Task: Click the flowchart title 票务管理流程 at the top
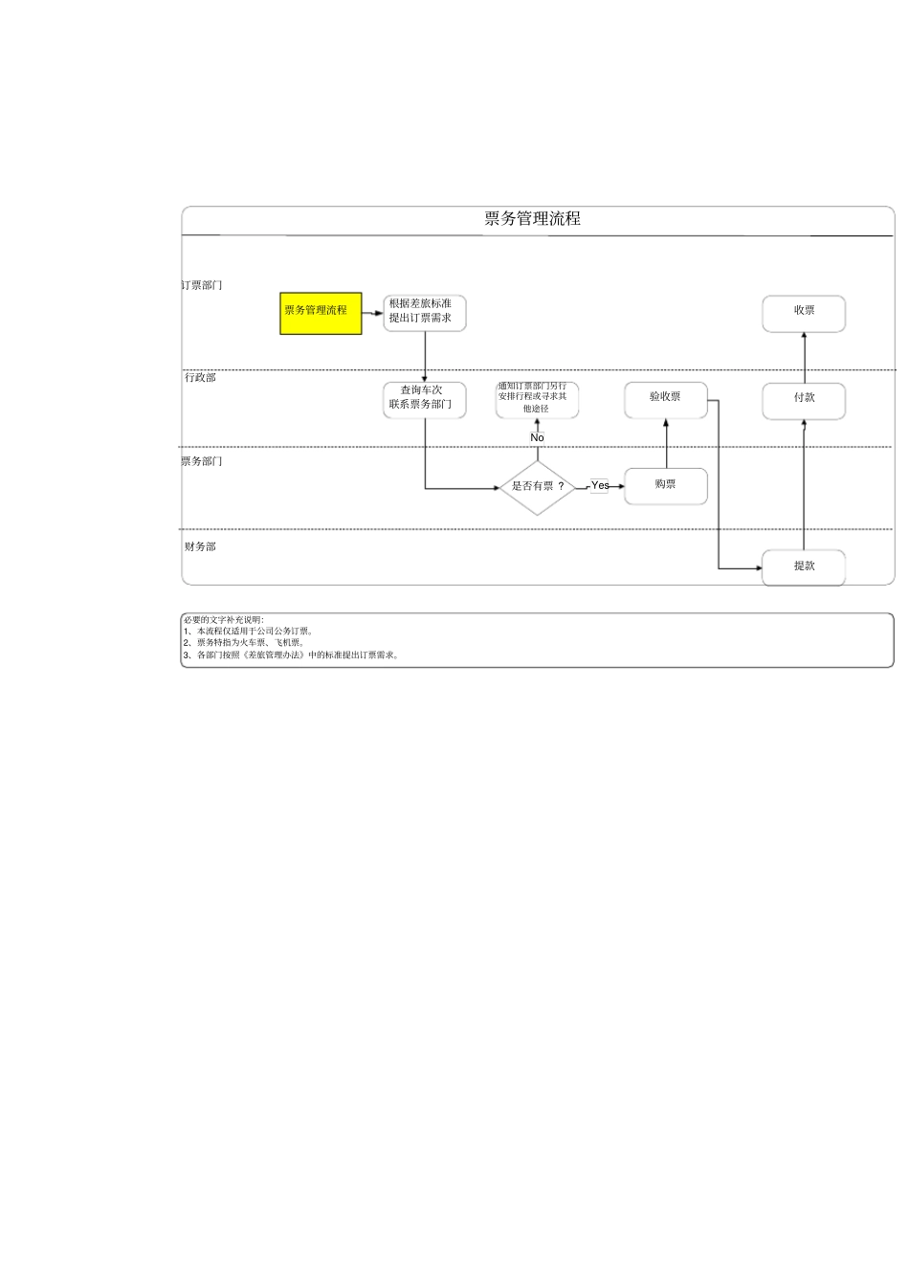click(532, 219)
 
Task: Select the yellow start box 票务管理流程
click(321, 313)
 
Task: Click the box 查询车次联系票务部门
click(425, 399)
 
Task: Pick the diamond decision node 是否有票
click(537, 487)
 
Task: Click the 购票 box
click(666, 486)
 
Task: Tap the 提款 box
click(804, 566)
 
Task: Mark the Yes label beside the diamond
click(600, 486)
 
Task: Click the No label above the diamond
click(537, 438)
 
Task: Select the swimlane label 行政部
click(201, 378)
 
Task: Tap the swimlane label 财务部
click(201, 547)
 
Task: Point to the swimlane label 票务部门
click(203, 462)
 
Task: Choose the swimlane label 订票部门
click(203, 286)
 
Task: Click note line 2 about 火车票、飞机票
click(245, 643)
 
